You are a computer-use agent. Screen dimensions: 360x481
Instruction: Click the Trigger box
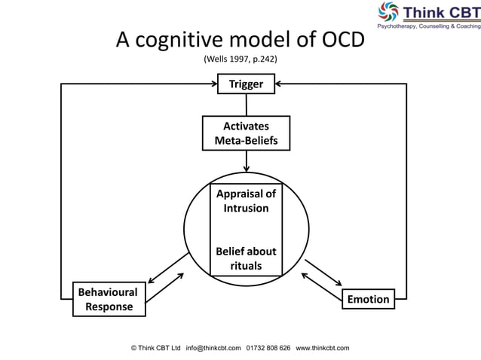[246, 84]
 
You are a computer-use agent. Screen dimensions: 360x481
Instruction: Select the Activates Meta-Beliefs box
[246, 133]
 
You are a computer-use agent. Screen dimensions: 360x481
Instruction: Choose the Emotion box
[369, 299]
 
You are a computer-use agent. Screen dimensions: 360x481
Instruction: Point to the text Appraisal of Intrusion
[246, 200]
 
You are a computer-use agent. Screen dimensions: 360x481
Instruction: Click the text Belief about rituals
[246, 258]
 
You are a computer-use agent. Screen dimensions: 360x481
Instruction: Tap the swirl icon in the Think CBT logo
[389, 13]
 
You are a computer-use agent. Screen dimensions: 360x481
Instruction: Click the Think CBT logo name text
[441, 13]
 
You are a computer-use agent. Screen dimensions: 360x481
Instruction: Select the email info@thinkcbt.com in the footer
[213, 348]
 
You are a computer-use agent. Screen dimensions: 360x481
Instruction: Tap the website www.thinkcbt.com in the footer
[323, 348]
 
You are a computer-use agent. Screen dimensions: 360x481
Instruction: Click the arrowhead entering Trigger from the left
[213, 84]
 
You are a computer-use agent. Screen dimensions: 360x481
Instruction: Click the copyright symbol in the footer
[134, 348]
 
